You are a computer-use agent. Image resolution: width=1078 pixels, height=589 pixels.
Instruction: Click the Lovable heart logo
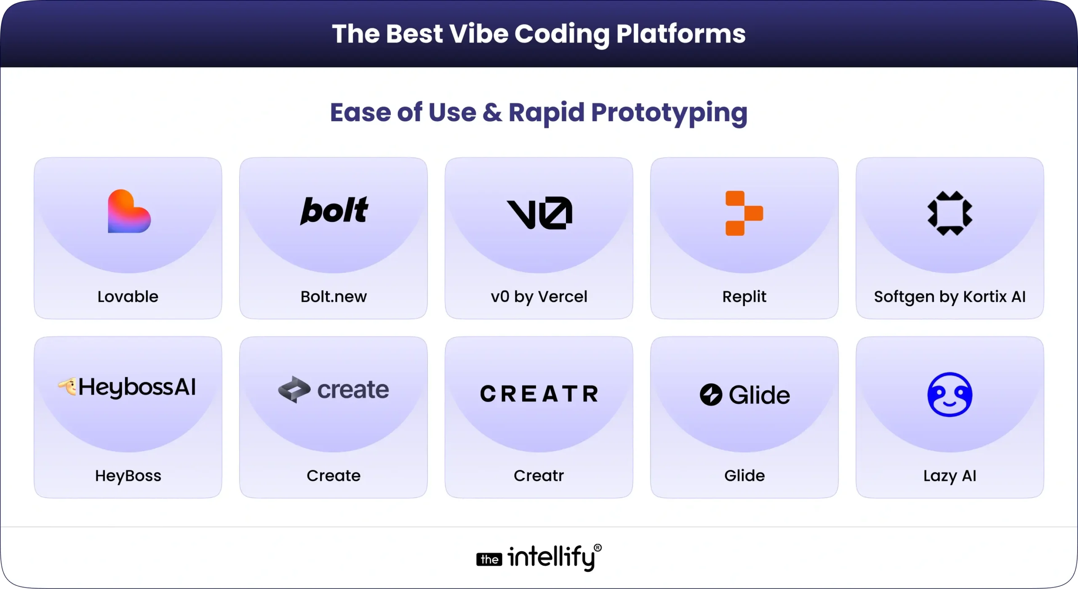pyautogui.click(x=129, y=211)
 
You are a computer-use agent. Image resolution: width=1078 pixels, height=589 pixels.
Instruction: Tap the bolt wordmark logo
pyautogui.click(x=334, y=211)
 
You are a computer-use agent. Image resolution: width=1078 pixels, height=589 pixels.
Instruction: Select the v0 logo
pyautogui.click(x=539, y=213)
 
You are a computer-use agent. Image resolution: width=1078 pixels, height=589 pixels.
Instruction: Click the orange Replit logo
pyautogui.click(x=744, y=213)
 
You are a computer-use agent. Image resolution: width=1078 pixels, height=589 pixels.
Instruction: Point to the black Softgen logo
pyautogui.click(x=950, y=213)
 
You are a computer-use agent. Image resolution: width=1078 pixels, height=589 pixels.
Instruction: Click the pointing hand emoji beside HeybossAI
pyautogui.click(x=67, y=386)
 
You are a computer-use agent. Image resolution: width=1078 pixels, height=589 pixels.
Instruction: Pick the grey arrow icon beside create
pyautogui.click(x=294, y=389)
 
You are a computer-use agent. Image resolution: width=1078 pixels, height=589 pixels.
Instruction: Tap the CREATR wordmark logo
pyautogui.click(x=539, y=394)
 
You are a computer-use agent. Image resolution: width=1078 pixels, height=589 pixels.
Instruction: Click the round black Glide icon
pyautogui.click(x=711, y=395)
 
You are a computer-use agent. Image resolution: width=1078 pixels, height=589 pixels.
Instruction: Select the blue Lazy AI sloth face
pyautogui.click(x=950, y=394)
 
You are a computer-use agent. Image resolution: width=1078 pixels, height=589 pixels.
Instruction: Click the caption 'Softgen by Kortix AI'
pyautogui.click(x=950, y=297)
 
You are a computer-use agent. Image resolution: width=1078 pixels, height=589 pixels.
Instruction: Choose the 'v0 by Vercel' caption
pyautogui.click(x=539, y=297)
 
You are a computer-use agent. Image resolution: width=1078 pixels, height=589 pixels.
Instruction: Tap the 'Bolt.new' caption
pyautogui.click(x=334, y=297)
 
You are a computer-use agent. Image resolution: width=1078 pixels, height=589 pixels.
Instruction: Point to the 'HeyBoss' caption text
pyautogui.click(x=128, y=476)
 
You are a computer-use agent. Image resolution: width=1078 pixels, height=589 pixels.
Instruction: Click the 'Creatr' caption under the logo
pyautogui.click(x=539, y=476)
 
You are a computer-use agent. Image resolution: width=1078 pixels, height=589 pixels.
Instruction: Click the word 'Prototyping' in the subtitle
pyautogui.click(x=669, y=113)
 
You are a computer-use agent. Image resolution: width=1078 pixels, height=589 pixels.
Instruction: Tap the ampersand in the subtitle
pyautogui.click(x=492, y=113)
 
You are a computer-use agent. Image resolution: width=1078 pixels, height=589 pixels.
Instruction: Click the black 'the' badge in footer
pyautogui.click(x=489, y=560)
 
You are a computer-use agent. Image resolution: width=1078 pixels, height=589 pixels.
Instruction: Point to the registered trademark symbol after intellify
pyautogui.click(x=598, y=548)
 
